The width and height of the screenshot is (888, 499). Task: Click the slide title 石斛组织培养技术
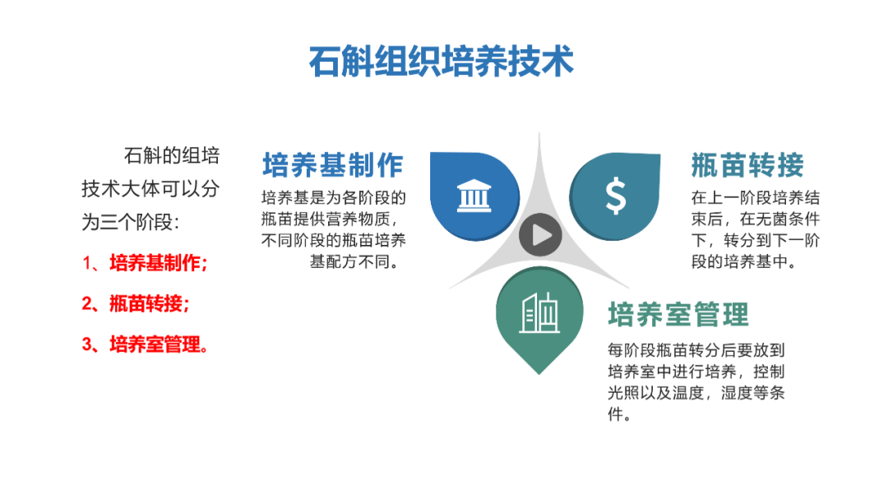(x=442, y=61)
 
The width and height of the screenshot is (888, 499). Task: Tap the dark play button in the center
(x=540, y=235)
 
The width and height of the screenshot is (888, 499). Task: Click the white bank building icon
(x=474, y=196)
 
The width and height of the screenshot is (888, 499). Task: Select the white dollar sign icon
(x=616, y=196)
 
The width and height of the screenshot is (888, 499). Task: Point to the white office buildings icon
(x=539, y=312)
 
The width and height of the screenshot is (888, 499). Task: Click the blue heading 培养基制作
(x=333, y=165)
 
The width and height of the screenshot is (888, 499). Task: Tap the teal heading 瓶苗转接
(x=747, y=165)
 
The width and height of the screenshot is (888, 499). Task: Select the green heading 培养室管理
(x=678, y=314)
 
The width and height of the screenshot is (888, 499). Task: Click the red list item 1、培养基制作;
(x=145, y=263)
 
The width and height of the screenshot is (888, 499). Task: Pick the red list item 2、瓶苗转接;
(x=136, y=303)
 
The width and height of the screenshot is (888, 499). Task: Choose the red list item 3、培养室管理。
(x=146, y=344)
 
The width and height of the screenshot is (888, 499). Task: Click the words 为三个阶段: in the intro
(x=130, y=222)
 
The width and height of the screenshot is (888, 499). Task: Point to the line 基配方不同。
(x=355, y=261)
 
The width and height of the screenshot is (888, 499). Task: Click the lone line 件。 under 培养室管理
(x=620, y=414)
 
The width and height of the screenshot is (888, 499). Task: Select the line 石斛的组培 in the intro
(x=172, y=155)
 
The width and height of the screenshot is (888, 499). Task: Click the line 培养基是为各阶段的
(x=334, y=197)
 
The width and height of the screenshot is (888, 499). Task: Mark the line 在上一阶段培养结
(x=756, y=197)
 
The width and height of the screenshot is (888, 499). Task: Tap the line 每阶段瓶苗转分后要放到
(x=696, y=350)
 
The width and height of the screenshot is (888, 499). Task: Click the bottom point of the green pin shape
(x=539, y=374)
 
